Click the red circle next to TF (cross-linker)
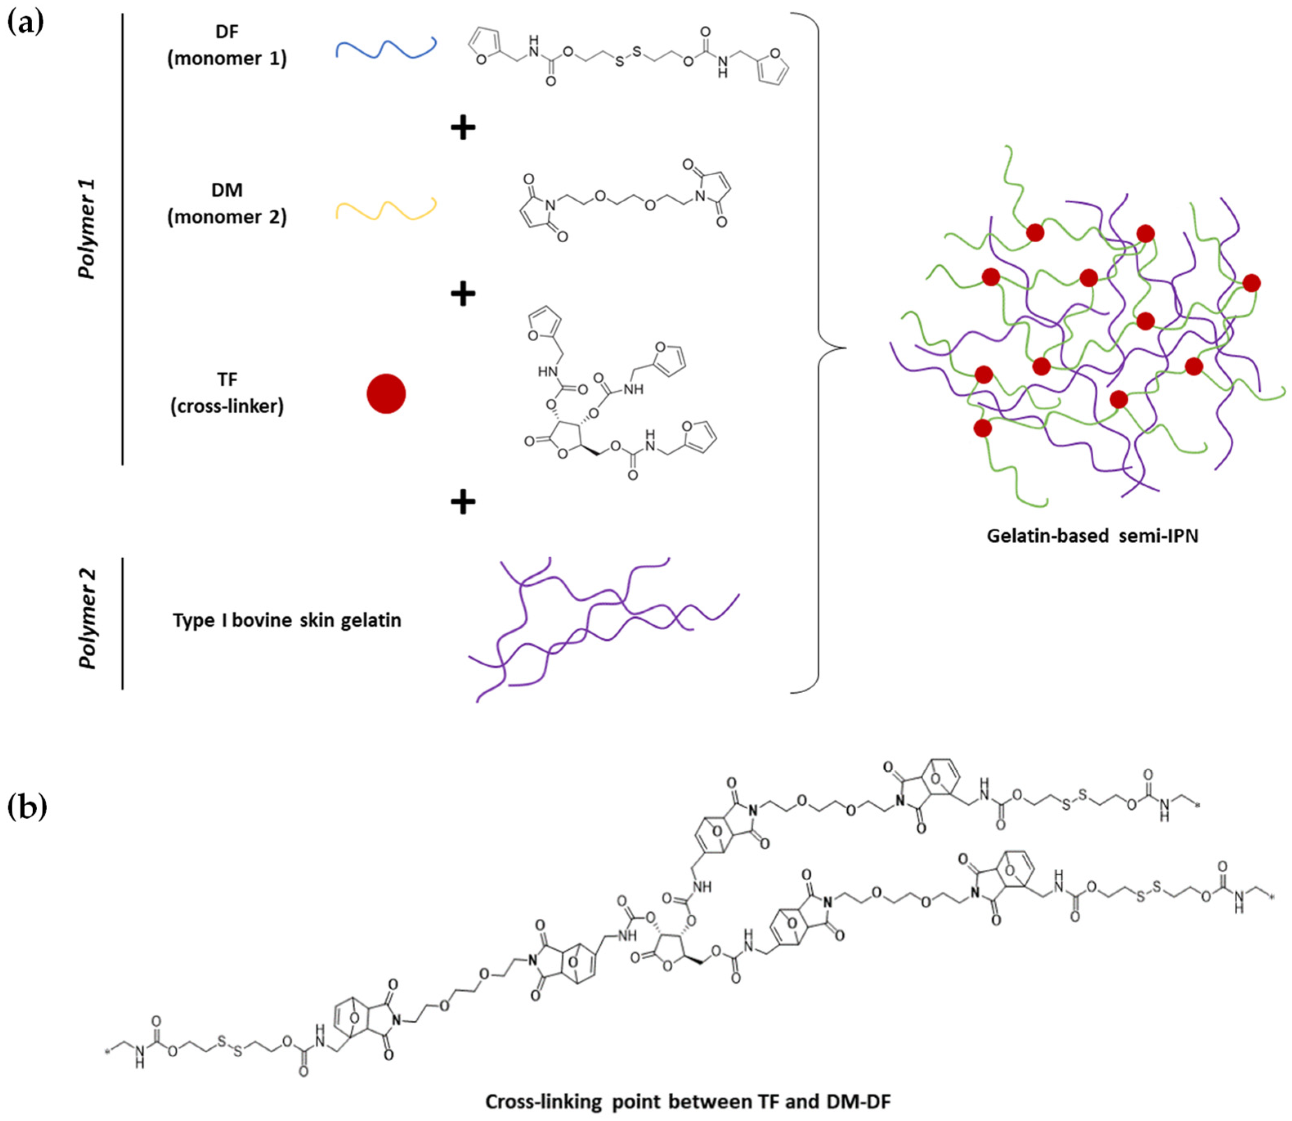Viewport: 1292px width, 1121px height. point(386,394)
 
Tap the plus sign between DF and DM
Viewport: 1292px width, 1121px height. point(463,128)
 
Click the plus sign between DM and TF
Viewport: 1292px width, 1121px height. point(463,293)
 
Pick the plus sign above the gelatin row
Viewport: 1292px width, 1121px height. point(463,502)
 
